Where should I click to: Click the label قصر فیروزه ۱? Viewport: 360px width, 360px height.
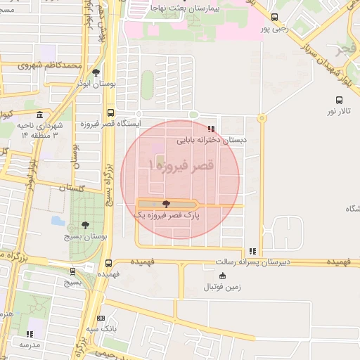click(x=180, y=166)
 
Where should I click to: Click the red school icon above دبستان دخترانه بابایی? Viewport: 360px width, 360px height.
click(x=211, y=129)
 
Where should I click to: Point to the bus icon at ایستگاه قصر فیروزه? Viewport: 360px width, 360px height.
click(x=110, y=112)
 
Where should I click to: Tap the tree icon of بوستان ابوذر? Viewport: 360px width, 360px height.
click(x=96, y=72)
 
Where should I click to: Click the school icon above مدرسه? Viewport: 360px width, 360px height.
click(x=30, y=334)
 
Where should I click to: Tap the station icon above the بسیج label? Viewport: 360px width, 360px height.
click(x=72, y=271)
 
